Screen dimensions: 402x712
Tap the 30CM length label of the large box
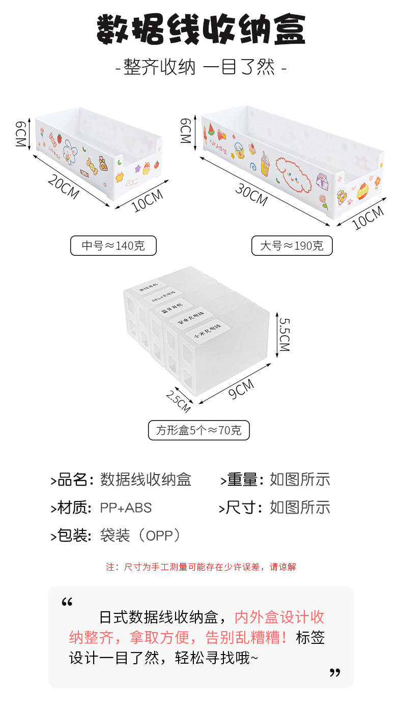tap(251, 194)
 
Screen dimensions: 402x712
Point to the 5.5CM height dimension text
tap(284, 335)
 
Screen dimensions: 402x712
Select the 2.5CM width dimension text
tap(178, 400)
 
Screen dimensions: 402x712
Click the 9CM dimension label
tap(241, 390)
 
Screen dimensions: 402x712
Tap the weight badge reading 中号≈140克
tap(113, 246)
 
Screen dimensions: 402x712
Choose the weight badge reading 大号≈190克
tap(292, 246)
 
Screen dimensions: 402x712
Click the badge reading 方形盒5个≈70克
tap(199, 430)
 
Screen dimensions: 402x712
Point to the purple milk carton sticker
tap(321, 182)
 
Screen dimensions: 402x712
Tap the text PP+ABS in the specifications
tap(126, 507)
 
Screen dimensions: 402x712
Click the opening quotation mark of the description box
tap(67, 603)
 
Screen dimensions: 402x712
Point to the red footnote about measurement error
tap(200, 567)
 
